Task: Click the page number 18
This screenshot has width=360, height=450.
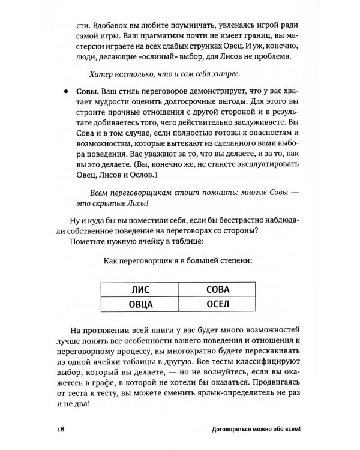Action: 62,430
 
